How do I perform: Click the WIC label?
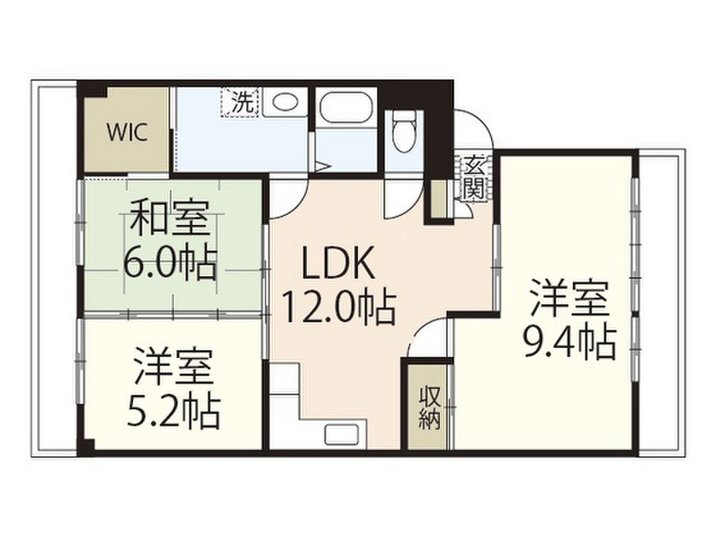127,133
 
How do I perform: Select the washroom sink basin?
285,102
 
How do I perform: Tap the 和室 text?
169,218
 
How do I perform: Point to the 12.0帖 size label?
338,308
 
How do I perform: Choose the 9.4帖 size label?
568,341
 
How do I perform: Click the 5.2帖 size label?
172,412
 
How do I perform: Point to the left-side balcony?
55,273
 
